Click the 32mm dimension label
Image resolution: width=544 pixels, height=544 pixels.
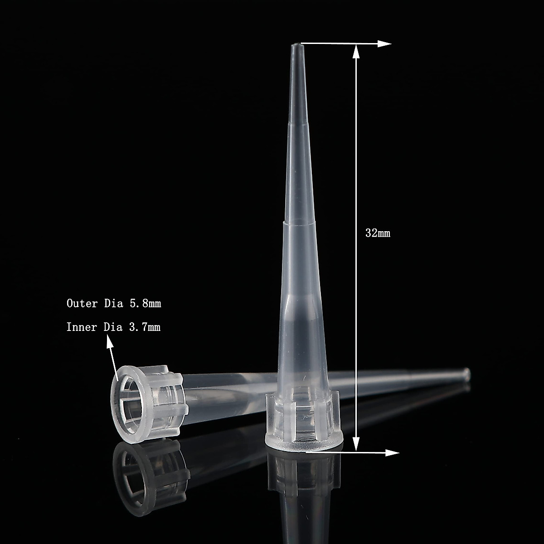click(378, 233)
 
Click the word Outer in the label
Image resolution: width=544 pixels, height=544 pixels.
click(82, 303)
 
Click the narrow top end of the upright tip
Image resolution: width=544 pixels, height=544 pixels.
click(295, 47)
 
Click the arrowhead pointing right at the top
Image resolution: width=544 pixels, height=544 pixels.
click(385, 44)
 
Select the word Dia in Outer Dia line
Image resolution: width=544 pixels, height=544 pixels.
click(113, 303)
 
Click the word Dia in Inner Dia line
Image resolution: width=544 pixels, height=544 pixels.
click(113, 327)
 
